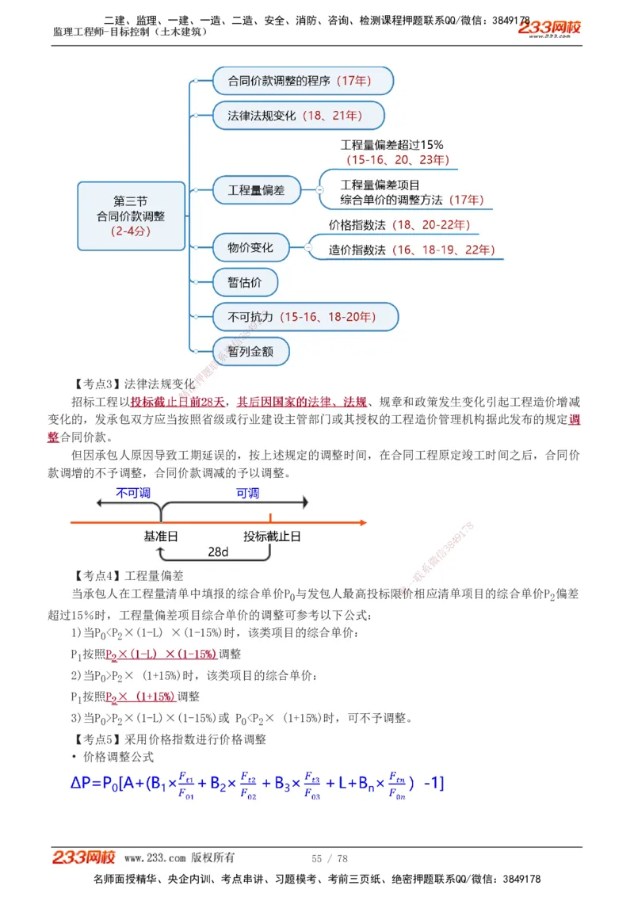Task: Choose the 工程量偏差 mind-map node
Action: pyautogui.click(x=256, y=190)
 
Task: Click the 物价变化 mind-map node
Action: pyautogui.click(x=250, y=248)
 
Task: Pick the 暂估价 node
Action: pyautogui.click(x=245, y=282)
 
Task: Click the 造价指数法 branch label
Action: pyautogui.click(x=411, y=250)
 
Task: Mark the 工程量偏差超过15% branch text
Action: pyautogui.click(x=392, y=145)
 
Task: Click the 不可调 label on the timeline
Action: pyautogui.click(x=133, y=493)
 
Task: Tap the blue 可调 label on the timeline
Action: pyautogui.click(x=247, y=493)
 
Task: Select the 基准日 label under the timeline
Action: pyautogui.click(x=160, y=536)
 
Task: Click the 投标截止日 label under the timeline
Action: pyautogui.click(x=272, y=536)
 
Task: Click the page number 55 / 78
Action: pyautogui.click(x=329, y=858)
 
